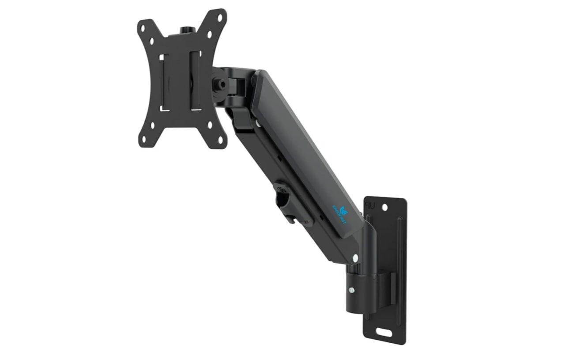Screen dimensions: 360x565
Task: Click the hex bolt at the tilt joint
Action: [219, 83]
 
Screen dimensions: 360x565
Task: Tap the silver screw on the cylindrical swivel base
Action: [350, 290]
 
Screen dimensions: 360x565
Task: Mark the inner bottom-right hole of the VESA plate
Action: [214, 125]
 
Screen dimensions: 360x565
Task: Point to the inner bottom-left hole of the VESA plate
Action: [152, 125]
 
